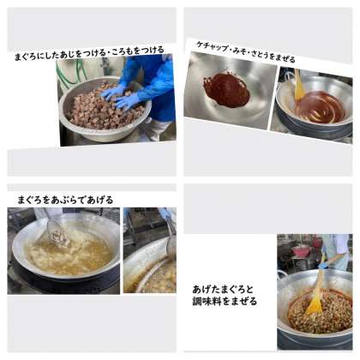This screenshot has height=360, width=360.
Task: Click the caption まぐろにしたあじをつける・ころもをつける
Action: pyautogui.click(x=89, y=53)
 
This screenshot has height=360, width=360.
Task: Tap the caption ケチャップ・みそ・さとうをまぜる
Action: pyautogui.click(x=245, y=52)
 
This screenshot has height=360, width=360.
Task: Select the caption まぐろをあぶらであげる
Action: pyautogui.click(x=65, y=200)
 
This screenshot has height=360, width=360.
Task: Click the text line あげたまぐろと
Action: pyautogui.click(x=223, y=290)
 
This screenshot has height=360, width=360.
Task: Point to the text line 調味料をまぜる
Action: pyautogui.click(x=225, y=301)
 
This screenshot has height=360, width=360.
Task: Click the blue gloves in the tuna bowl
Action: pyautogui.click(x=122, y=97)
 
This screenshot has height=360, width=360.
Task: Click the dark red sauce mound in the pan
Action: pyautogui.click(x=227, y=89)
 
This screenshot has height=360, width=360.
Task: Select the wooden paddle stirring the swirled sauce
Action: pyautogui.click(x=299, y=85)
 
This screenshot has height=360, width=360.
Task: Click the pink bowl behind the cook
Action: pyautogui.click(x=302, y=251)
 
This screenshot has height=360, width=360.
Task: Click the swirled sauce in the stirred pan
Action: pyautogui.click(x=321, y=106)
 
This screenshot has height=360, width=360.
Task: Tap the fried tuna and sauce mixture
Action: pyautogui.click(x=320, y=311)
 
